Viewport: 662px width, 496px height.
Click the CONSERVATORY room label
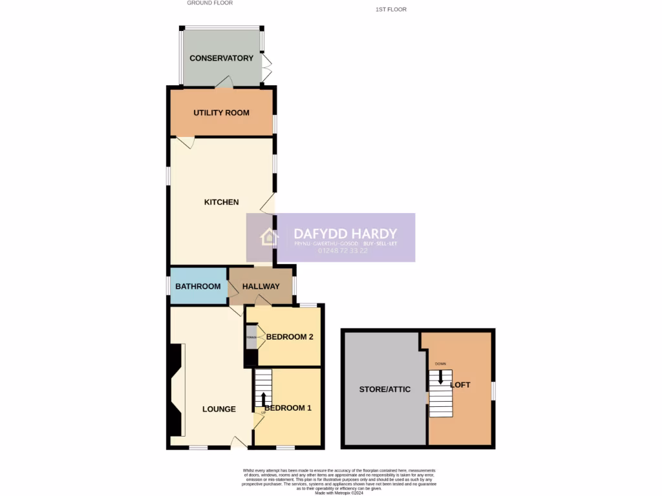pos(221,58)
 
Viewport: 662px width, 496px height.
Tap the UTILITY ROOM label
pos(221,112)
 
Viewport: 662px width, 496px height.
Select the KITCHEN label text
pos(221,202)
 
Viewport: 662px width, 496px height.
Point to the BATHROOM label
pos(198,286)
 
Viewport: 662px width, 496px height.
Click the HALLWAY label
pos(261,287)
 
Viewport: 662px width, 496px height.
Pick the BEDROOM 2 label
pos(290,336)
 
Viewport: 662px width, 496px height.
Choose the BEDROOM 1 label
pos(288,408)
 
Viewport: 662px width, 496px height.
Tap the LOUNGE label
pos(219,409)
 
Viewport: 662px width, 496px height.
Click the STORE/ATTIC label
pos(385,389)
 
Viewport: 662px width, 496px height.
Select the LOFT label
pos(460,385)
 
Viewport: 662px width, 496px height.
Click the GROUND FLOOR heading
pos(209,3)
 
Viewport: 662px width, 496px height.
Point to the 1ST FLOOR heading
pos(390,10)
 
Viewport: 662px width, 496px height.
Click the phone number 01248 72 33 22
pos(343,251)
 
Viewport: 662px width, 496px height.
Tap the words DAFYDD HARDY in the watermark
pos(345,233)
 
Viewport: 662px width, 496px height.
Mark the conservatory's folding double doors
pos(266,67)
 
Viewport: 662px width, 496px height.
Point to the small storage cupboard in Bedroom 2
pos(251,337)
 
